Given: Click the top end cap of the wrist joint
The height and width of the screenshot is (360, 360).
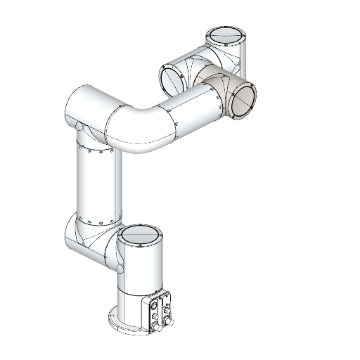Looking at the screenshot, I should [226, 35].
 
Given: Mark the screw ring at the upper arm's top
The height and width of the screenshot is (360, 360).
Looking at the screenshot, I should [95, 150].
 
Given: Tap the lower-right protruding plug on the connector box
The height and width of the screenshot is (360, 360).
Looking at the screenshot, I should [169, 323].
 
